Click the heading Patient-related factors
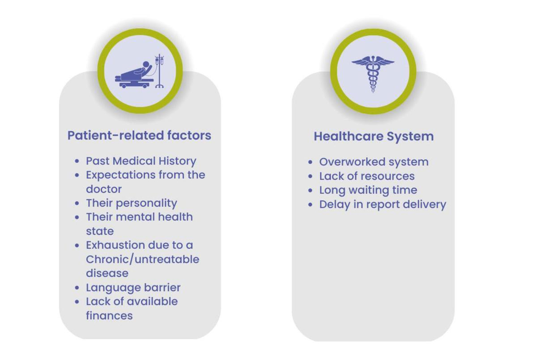[139, 136]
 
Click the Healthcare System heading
[374, 136]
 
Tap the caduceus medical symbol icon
[373, 74]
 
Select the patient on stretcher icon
[139, 71]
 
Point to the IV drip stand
[159, 71]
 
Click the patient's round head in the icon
[146, 65]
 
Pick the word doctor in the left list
[104, 189]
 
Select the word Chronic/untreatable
[143, 259]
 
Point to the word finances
[109, 316]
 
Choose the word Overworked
[352, 162]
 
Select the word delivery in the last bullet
[425, 205]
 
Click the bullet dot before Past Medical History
[77, 161]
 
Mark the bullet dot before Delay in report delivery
[310, 205]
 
